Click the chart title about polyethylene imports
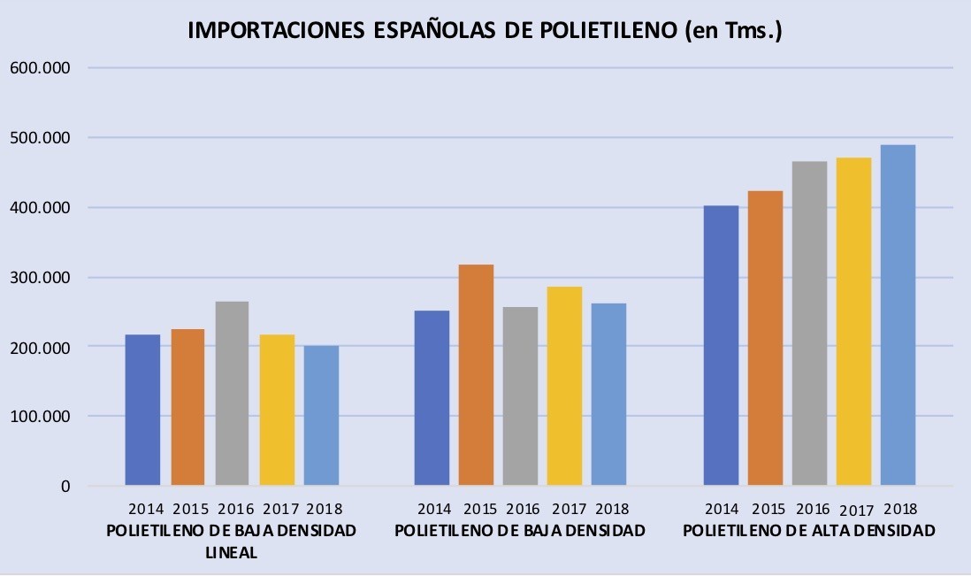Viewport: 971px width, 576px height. pos(485,30)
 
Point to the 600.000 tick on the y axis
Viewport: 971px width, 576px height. pos(41,67)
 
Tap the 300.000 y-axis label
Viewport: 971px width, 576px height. pos(41,278)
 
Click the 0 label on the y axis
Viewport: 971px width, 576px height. pos(65,487)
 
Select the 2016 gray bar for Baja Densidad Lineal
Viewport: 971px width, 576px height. pos(233,393)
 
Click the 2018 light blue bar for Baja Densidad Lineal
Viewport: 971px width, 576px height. pos(321,416)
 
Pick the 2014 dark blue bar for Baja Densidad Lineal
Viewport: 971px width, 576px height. pos(142,410)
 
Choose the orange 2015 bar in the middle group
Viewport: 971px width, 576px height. pos(476,375)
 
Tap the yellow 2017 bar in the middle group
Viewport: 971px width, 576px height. pos(564,386)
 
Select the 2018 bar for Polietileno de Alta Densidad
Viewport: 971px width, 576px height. pos(898,315)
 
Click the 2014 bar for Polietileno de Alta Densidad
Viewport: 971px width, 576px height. pos(722,346)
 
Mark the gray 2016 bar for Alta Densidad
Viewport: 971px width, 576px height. pos(809,323)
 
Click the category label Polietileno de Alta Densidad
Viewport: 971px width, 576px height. pos(809,531)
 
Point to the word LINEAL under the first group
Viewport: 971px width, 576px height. pos(232,552)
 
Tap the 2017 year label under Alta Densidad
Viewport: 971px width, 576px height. pos(856,511)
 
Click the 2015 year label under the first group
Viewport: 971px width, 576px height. pos(191,509)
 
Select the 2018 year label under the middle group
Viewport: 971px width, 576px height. pos(612,509)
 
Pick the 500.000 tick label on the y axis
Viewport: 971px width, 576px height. pos(41,137)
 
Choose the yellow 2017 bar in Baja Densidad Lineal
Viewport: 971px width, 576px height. pos(277,410)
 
